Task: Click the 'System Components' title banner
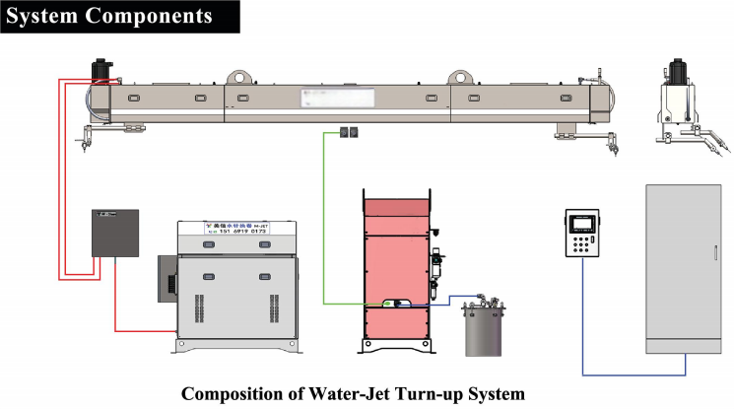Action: (x=108, y=16)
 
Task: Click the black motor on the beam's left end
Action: (x=101, y=72)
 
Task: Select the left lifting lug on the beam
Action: (x=238, y=77)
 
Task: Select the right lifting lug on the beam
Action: (x=462, y=77)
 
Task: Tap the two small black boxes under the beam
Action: (x=347, y=132)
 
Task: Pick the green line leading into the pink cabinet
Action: (x=325, y=217)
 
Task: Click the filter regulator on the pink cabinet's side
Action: (x=434, y=265)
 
